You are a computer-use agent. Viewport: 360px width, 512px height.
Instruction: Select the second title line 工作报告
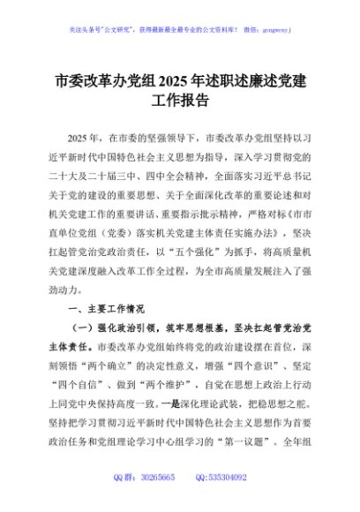180,100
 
